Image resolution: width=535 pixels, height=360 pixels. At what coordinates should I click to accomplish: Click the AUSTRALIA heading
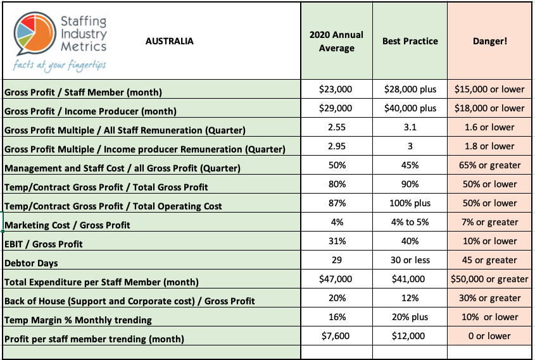pos(170,42)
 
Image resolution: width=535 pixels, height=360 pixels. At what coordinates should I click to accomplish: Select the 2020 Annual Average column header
pos(336,41)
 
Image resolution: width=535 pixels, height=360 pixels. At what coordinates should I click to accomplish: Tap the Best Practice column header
pos(410,42)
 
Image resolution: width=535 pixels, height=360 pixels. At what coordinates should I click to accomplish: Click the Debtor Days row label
pos(31,263)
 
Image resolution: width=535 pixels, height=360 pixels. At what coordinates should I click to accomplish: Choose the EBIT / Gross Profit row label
pos(44,244)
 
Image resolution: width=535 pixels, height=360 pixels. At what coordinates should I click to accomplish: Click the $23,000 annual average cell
pos(336,89)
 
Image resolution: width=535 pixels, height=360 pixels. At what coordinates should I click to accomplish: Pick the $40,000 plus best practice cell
pos(410,108)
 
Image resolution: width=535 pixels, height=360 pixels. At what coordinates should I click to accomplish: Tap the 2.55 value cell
pos(336,127)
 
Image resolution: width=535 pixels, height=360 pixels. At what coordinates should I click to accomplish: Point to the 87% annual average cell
pos(336,203)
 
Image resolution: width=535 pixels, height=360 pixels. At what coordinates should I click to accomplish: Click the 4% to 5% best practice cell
pos(410,222)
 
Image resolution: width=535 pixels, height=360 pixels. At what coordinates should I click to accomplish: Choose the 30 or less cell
pos(410,260)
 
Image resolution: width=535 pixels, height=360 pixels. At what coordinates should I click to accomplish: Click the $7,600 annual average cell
pos(336,336)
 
